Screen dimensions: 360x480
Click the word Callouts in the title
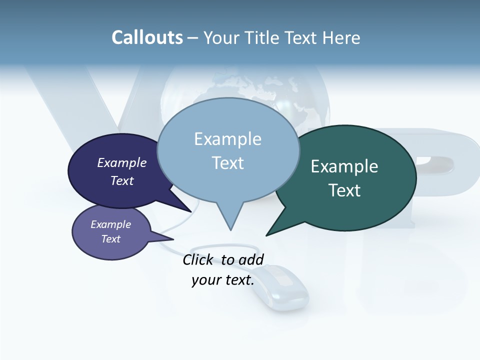point(147,37)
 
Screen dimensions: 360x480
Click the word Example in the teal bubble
point(344,166)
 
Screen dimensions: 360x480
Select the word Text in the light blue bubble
point(228,163)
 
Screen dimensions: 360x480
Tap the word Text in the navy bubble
point(122,180)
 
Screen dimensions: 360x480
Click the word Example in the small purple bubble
point(110,224)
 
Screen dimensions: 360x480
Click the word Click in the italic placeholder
point(199,259)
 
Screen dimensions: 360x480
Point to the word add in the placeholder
point(251,259)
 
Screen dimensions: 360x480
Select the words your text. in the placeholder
point(223,280)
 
